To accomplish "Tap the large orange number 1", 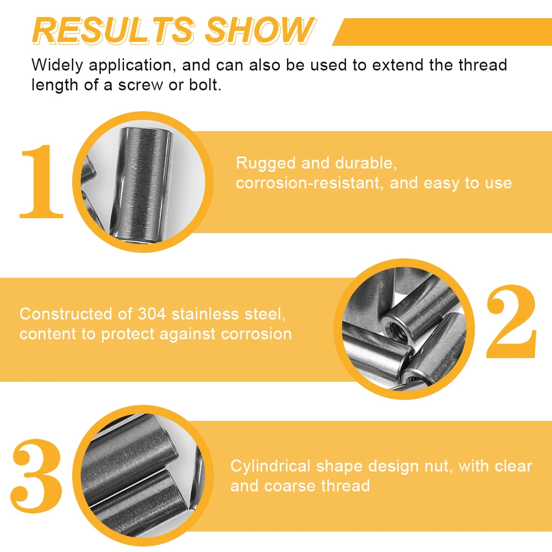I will [x=41, y=181].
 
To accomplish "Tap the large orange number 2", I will [x=511, y=322].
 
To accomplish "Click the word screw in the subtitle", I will [x=140, y=86].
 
